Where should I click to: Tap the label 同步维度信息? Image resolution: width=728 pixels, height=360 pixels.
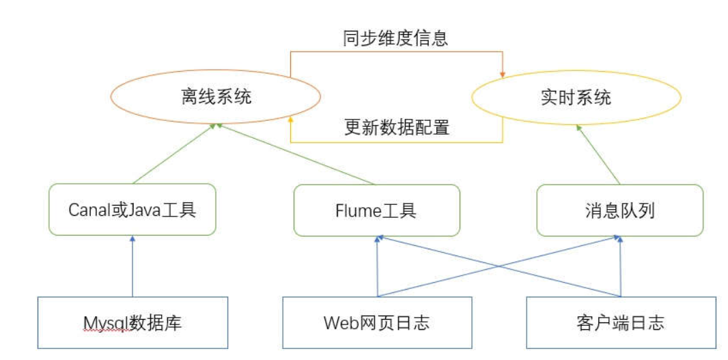click(x=395, y=39)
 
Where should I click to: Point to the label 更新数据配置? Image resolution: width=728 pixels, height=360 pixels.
click(x=396, y=128)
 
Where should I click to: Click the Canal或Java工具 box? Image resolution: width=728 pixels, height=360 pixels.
click(x=132, y=210)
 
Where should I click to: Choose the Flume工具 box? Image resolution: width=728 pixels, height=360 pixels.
click(x=376, y=210)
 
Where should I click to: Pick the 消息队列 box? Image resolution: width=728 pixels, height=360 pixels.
click(x=619, y=210)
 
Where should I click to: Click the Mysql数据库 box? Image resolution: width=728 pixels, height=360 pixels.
click(x=132, y=322)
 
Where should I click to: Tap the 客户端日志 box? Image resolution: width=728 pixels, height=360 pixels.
click(x=620, y=322)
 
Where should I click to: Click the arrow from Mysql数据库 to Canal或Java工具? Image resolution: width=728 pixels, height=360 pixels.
click(x=132, y=266)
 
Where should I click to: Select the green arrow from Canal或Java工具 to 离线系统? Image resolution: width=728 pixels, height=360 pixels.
click(x=174, y=154)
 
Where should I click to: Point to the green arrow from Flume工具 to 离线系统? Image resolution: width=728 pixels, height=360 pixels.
click(x=297, y=154)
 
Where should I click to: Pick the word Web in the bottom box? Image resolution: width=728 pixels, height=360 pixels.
click(x=337, y=322)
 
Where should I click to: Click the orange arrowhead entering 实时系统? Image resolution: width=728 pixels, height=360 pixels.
click(x=504, y=74)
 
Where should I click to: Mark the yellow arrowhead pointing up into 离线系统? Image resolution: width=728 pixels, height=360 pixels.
click(x=292, y=120)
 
